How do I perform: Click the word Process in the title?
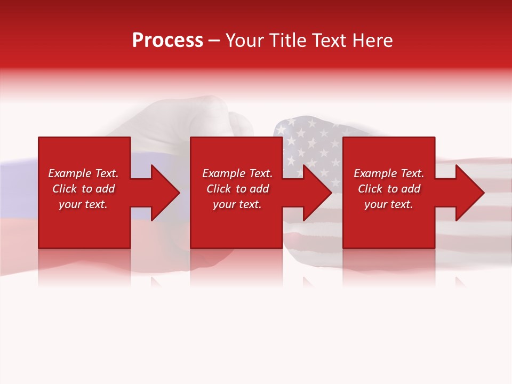coord(167,41)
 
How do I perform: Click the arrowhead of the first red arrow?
coord(165,193)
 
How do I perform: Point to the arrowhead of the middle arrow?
coord(317,193)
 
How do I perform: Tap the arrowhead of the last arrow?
coord(469,193)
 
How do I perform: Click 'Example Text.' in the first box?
coord(83,173)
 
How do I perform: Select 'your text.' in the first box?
coord(83,204)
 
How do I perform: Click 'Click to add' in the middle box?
coord(237,189)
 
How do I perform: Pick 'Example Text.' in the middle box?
coord(237,173)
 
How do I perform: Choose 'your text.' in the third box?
coord(388,204)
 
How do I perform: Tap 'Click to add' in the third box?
coord(389,189)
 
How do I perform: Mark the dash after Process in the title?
coord(214,41)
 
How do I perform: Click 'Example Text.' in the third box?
coord(389,173)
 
